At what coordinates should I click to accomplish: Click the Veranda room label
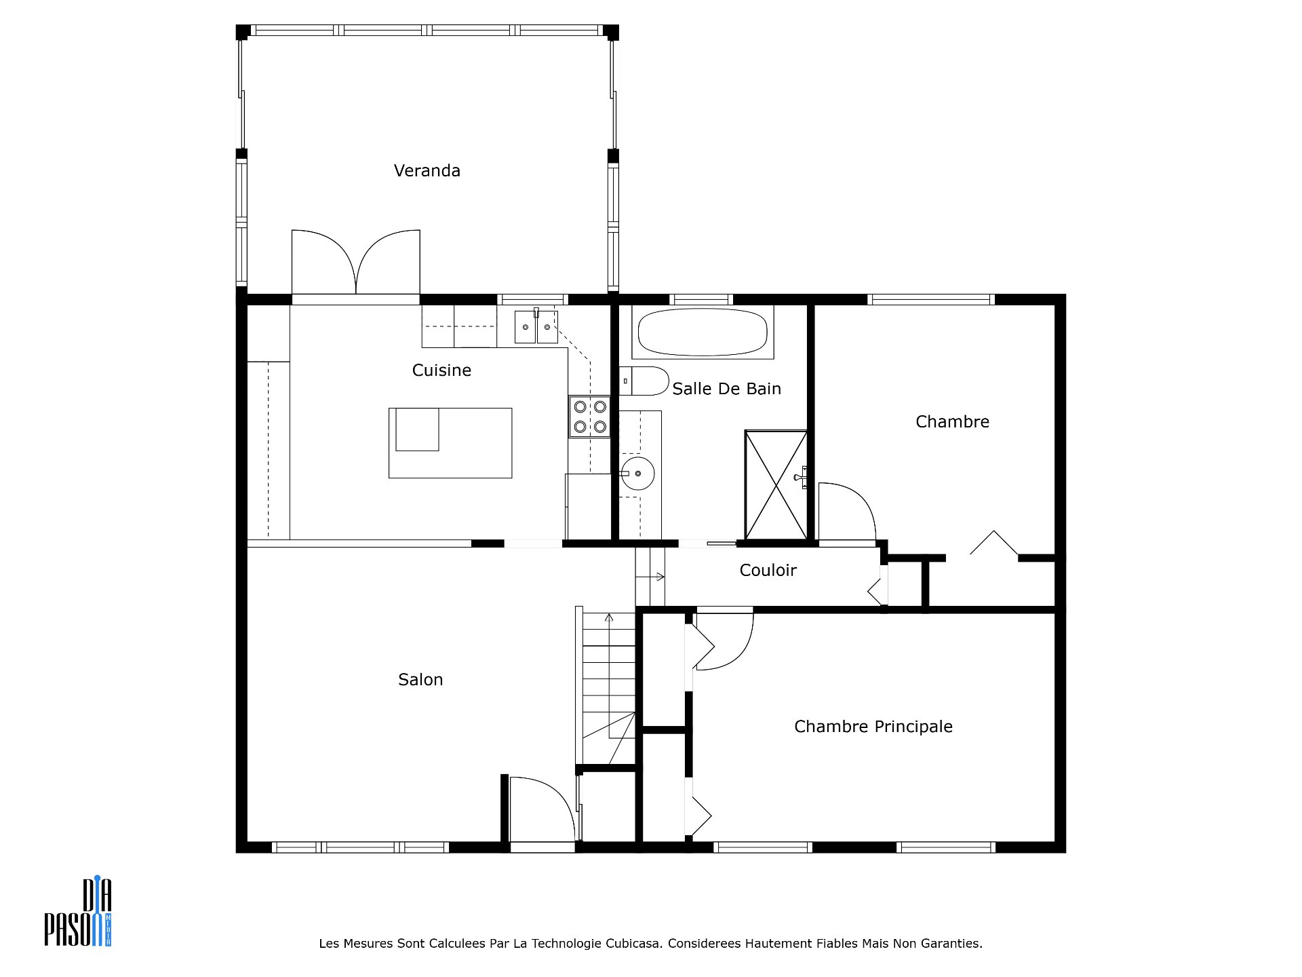coord(427,170)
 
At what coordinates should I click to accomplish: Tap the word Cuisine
coord(441,370)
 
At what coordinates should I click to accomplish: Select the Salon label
coord(420,679)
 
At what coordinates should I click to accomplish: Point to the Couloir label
coord(768,570)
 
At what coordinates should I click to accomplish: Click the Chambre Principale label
coord(873,727)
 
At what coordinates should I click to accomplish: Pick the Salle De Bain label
coord(726,389)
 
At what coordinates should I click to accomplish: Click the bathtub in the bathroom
coord(703,332)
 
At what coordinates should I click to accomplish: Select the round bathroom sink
coord(637,474)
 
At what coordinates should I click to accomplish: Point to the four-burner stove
coord(589,417)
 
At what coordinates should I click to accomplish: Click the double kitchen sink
coord(536,327)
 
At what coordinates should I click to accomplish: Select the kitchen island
coord(450,443)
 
